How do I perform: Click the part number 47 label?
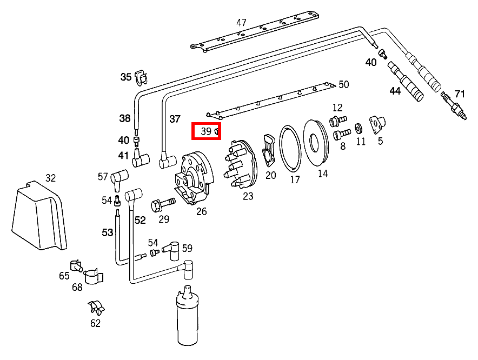coord(241,23)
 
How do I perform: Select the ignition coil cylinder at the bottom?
coord(187,319)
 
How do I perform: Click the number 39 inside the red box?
coord(206,131)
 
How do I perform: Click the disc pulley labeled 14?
coord(316,142)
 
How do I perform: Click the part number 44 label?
coord(395,91)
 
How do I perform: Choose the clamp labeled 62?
coord(96,308)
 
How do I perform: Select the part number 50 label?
coord(344,84)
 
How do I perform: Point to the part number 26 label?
coord(201,211)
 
